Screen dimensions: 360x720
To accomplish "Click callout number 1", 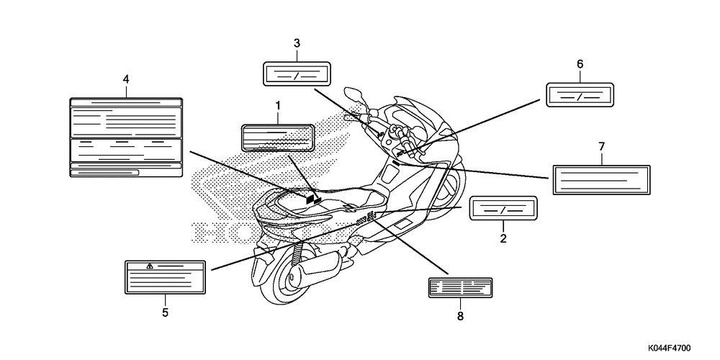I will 277,106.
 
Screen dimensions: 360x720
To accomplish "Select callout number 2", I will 503,237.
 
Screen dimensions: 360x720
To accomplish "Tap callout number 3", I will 297,43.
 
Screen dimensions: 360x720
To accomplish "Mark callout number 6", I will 580,64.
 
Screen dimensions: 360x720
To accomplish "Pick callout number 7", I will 601,147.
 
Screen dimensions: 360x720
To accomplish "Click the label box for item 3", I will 297,74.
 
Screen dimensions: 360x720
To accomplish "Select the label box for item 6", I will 580,95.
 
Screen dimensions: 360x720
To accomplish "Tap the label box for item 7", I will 602,179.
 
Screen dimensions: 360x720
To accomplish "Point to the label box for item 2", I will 503,209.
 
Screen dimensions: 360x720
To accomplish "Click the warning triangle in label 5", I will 150,266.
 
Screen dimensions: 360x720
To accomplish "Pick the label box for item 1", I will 277,138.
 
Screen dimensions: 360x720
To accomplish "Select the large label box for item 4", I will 126,137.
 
